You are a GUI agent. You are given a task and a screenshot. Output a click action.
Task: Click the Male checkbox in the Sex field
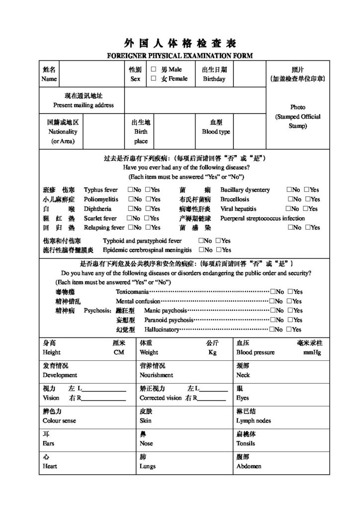point(154,70)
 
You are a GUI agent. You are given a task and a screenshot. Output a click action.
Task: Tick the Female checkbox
point(154,79)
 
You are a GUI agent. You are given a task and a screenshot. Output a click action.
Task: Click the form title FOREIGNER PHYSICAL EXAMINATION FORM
point(180,55)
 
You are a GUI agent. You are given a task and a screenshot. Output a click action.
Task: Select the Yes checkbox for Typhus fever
point(147,190)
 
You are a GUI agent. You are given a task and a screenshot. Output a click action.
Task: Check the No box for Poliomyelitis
point(130,199)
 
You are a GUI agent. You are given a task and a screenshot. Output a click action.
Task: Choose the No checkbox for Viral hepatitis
point(288,209)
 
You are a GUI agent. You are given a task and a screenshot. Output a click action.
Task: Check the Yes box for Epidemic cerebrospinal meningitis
point(219,250)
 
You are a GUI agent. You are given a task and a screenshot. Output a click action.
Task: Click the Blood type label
point(216,132)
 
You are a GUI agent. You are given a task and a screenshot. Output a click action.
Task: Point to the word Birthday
point(214,79)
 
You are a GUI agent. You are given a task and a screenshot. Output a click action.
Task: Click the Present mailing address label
point(84,105)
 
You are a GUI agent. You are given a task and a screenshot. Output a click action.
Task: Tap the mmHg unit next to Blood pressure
point(312,352)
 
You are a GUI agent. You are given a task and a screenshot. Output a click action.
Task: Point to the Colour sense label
point(59,421)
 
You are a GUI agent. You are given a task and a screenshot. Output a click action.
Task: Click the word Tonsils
point(246,443)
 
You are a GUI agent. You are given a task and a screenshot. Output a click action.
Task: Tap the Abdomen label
point(249,466)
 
